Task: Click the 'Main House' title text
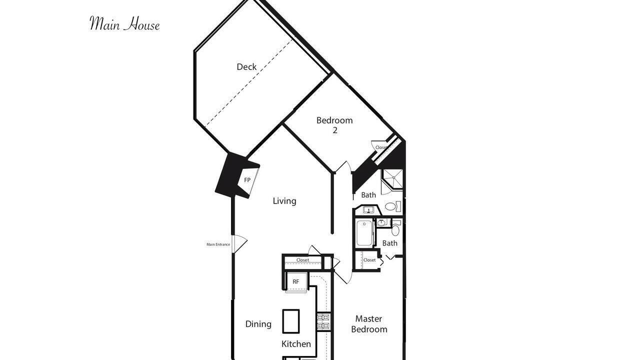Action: coord(124,23)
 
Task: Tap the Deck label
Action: coord(246,67)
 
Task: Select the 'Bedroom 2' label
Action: coord(334,125)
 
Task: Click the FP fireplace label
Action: coord(247,180)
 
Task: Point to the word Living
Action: coord(284,201)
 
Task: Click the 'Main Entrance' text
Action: coord(218,244)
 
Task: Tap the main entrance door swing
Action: coord(240,243)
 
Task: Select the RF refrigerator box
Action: coord(296,282)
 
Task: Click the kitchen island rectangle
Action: coord(291,321)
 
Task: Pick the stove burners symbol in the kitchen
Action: coord(324,322)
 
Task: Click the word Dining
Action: coord(258,324)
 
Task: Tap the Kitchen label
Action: coord(296,344)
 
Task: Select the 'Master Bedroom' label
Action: coord(369,324)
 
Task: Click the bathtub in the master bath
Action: coord(364,233)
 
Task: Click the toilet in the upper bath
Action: coord(393,206)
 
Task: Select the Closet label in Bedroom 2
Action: coord(381,147)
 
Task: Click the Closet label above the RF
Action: coord(302,260)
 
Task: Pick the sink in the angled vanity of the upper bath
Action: coord(368,210)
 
